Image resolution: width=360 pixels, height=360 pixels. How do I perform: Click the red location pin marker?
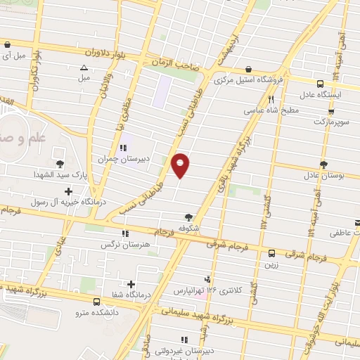[x=181, y=165]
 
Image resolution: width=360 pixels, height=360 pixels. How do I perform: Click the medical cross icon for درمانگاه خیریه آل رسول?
[x=67, y=191]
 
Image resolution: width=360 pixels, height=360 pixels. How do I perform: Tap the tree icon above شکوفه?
[x=188, y=217]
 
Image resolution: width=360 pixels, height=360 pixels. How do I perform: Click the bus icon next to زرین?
[x=272, y=252]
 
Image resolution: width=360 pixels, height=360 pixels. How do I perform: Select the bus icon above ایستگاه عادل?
[x=320, y=82]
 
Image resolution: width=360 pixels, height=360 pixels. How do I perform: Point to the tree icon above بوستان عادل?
[x=323, y=165]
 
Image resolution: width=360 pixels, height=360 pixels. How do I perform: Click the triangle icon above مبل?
[x=84, y=67]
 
